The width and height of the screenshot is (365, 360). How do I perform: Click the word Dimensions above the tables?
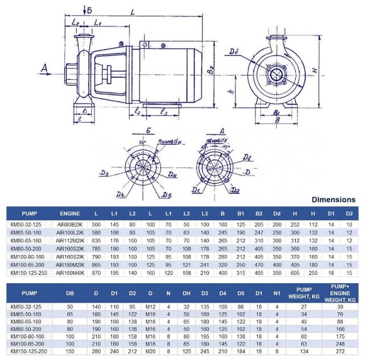click(x=334, y=200)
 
